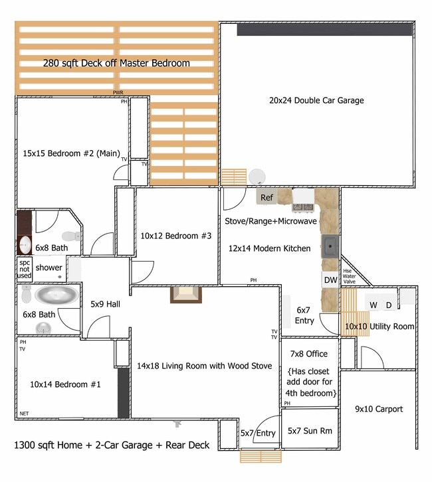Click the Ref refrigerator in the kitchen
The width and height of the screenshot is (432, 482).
tap(267, 197)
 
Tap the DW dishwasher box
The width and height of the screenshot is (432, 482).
tap(330, 280)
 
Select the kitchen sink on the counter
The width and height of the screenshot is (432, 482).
tap(330, 246)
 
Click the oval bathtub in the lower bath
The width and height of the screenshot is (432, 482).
tap(56, 295)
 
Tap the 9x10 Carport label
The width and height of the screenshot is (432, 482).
tap(378, 409)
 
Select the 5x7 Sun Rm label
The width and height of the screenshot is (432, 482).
tap(310, 430)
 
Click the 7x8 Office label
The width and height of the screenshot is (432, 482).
tap(310, 353)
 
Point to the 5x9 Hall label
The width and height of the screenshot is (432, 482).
tap(105, 304)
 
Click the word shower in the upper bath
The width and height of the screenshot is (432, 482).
tap(49, 268)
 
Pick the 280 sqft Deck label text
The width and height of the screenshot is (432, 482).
tap(116, 63)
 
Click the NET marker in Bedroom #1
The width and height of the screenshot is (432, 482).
tap(24, 413)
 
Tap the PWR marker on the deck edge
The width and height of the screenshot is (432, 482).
tap(118, 93)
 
